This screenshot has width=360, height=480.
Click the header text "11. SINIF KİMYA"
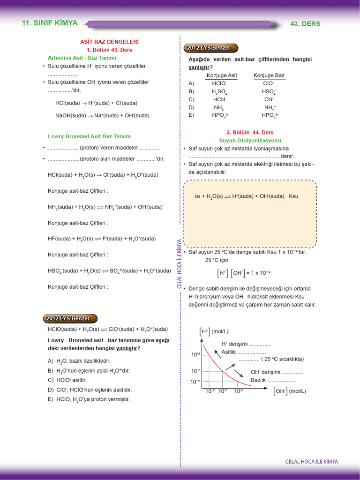(50, 23)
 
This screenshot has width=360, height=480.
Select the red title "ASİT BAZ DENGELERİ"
(110, 42)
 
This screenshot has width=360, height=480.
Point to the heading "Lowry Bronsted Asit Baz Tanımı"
(89, 136)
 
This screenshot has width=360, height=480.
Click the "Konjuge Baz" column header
(269, 75)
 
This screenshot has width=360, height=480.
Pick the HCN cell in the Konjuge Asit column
(219, 99)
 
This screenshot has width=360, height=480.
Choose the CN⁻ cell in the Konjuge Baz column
(269, 99)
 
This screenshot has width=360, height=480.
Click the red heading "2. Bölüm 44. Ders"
(250, 133)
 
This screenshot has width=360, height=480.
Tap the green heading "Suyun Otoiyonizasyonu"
(250, 140)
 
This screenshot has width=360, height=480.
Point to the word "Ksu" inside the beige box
(293, 196)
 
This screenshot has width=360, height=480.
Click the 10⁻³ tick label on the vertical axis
(195, 355)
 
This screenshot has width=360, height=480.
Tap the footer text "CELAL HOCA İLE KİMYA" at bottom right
(311, 462)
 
